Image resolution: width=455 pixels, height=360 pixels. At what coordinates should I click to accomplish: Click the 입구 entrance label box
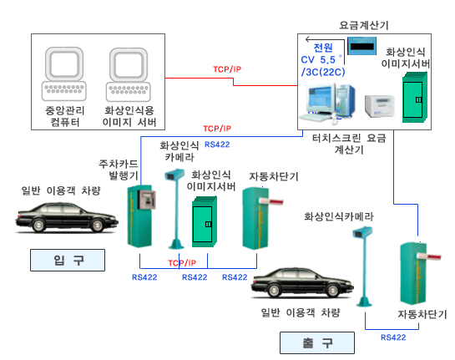click(68, 260)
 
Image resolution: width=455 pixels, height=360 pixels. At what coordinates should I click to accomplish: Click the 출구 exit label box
click(317, 342)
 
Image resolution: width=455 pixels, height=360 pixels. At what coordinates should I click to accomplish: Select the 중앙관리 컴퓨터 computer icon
click(64, 74)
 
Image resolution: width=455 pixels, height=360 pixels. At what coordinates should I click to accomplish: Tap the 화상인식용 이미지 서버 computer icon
click(129, 74)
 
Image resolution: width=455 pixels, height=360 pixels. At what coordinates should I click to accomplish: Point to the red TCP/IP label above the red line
click(227, 69)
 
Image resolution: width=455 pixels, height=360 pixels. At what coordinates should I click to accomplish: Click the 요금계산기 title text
click(364, 25)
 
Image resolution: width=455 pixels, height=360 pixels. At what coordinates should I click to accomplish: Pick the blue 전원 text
click(323, 48)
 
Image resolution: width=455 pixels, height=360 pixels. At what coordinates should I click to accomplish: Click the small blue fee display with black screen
click(361, 46)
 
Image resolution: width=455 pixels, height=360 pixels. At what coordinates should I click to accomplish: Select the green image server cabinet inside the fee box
click(414, 98)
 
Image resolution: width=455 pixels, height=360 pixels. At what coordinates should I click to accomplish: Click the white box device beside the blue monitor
click(380, 106)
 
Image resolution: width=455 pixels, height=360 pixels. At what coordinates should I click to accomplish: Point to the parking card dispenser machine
click(141, 216)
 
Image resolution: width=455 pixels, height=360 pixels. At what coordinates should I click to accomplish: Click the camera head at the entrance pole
click(174, 175)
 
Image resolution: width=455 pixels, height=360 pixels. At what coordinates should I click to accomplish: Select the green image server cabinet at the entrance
click(205, 222)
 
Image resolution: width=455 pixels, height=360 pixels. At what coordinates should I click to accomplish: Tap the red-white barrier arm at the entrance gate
click(271, 201)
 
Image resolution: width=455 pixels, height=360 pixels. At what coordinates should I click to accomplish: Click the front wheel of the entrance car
click(97, 226)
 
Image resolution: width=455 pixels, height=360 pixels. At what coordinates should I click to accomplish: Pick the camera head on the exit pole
click(362, 232)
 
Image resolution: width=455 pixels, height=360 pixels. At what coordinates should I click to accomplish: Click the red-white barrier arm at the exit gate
click(429, 257)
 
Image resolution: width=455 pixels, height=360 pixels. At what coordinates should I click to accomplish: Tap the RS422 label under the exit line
click(393, 337)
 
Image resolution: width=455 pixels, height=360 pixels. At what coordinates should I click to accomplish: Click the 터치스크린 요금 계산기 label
click(349, 144)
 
